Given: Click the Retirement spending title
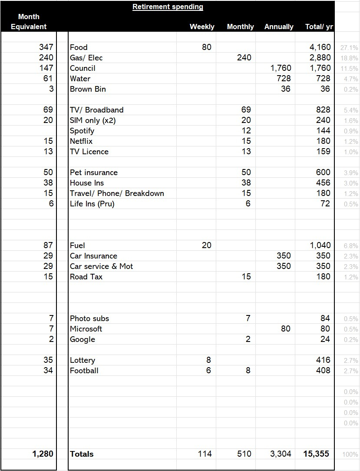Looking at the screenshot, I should tap(168, 7).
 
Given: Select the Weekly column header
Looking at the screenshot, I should tap(202, 27).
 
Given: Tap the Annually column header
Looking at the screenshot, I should tap(279, 27).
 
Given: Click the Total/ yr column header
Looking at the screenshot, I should tap(319, 27).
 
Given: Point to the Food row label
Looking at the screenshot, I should tap(79, 47).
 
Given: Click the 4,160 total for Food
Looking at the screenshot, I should tap(320, 47).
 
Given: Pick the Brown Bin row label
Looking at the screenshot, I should tap(88, 89).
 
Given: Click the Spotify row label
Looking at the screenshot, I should tap(82, 131).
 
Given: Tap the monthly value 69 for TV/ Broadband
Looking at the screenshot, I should tap(246, 110).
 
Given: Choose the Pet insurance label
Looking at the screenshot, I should tap(94, 172).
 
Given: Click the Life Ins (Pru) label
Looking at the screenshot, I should tap(92, 204).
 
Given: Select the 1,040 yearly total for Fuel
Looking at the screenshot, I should tap(320, 245).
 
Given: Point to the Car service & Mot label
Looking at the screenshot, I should tap(102, 266).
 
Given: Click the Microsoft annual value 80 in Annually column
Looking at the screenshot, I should tap(285, 329).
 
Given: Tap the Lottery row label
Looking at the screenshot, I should tap(83, 360).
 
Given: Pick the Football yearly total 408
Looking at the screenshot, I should tap(323, 371).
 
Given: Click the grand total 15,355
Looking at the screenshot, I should tap(316, 454).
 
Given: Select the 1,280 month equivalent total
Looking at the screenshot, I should tap(43, 454).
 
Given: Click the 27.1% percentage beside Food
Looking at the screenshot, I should tap(350, 48).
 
